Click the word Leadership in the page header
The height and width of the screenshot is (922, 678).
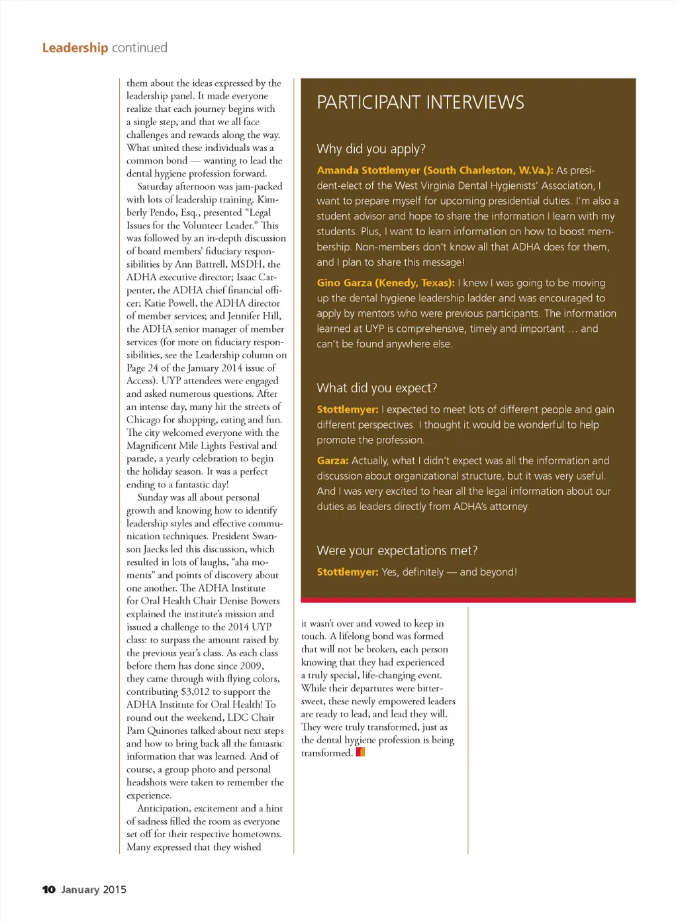pos(75,48)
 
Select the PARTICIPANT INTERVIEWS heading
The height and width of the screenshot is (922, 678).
pos(420,103)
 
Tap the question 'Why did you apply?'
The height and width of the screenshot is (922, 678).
pos(371,149)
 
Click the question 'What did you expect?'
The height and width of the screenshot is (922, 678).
pos(377,388)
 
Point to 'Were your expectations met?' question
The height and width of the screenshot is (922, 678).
pos(397,550)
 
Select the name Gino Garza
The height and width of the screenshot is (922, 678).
pos(344,283)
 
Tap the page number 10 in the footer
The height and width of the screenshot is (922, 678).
pos(48,890)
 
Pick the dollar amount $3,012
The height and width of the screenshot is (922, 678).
pos(195,691)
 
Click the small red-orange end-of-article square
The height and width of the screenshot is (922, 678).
pos(361,752)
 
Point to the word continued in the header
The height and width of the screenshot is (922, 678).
pos(140,48)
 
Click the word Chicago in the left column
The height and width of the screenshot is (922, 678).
pos(144,420)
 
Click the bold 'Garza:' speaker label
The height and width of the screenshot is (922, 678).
pos(332,460)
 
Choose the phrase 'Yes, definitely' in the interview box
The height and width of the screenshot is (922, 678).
pos(412,572)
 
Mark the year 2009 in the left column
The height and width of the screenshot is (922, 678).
pos(251,666)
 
